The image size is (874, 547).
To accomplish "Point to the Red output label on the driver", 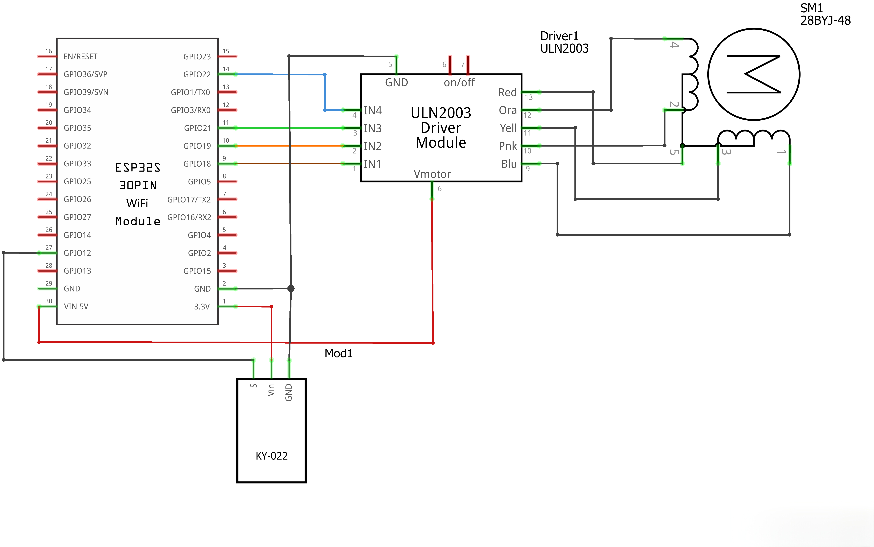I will (507, 93).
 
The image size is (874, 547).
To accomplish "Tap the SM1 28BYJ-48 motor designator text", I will (825, 14).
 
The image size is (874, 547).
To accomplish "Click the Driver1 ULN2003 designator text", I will (564, 42).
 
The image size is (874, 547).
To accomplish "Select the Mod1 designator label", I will (338, 353).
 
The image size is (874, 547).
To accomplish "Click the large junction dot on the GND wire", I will (291, 288).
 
